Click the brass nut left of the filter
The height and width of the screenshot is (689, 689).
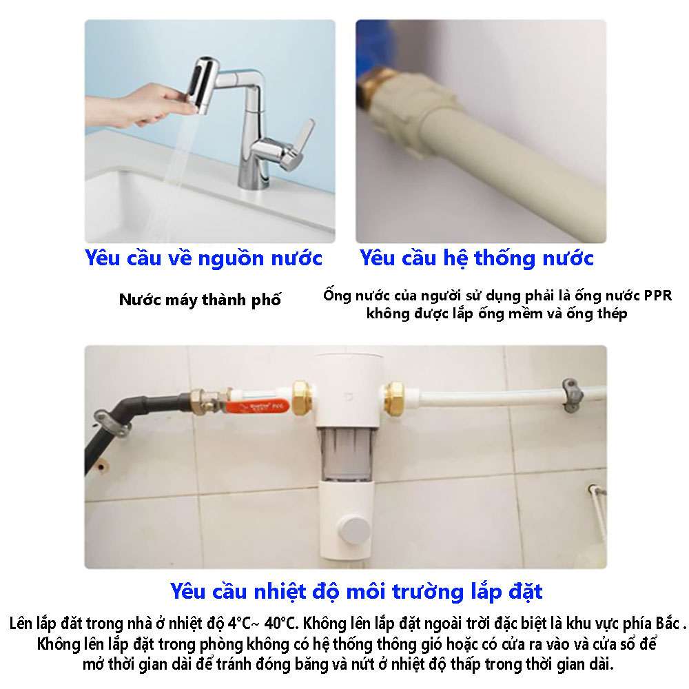point(302,398)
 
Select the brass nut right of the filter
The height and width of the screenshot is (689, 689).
point(395,398)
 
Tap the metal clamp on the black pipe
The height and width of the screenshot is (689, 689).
point(111,424)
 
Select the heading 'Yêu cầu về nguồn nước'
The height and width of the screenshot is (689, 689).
point(203,258)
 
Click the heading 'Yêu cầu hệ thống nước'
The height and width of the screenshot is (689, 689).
point(476,258)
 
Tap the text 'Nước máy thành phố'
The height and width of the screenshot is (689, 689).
point(200,300)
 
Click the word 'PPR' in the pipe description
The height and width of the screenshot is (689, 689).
point(658,296)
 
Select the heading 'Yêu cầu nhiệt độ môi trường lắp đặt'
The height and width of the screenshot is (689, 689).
point(356,591)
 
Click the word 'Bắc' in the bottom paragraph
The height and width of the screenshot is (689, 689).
point(668,623)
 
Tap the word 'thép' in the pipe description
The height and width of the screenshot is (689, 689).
point(611,314)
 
